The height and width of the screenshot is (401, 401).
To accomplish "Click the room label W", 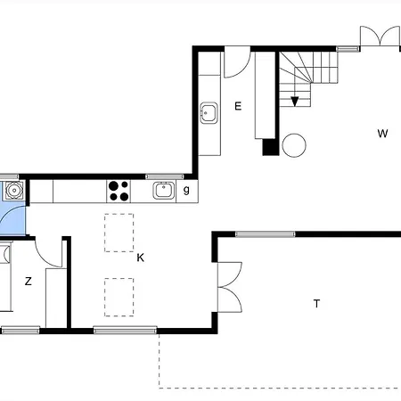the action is (x=382, y=134).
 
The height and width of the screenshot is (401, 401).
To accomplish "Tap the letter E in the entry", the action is (x=238, y=106).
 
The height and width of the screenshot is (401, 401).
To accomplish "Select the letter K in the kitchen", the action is (x=141, y=258).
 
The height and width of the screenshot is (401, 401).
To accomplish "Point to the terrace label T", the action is (x=316, y=304).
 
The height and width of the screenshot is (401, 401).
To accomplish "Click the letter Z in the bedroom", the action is (x=29, y=281).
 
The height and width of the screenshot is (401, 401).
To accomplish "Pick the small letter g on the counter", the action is (x=186, y=190).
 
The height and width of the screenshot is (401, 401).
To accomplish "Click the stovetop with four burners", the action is (x=119, y=192).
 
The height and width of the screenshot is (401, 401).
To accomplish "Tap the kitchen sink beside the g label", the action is (x=163, y=191).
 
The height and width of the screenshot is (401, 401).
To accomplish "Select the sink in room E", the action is (x=209, y=113).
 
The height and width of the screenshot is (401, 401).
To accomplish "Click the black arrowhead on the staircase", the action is (x=294, y=102).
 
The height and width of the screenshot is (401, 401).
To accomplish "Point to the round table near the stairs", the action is (x=294, y=145).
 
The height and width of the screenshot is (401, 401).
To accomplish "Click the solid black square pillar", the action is (x=270, y=147).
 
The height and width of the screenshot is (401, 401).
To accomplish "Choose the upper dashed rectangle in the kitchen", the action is (x=119, y=233).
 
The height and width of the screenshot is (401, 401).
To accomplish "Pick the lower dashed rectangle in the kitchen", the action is (x=119, y=297).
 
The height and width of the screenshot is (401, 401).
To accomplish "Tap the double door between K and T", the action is (x=230, y=287).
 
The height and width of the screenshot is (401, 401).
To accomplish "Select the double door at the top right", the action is (x=380, y=36).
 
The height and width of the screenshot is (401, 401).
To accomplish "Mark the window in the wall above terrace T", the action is (x=266, y=234).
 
